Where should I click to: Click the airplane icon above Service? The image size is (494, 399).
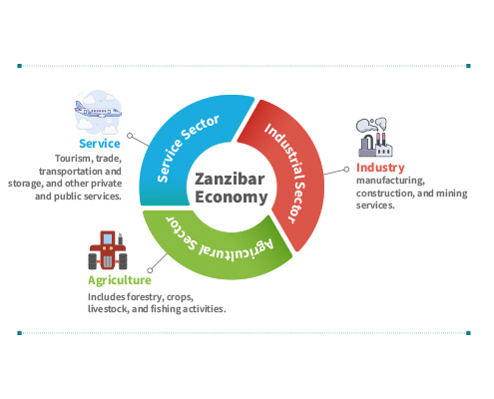[98, 112]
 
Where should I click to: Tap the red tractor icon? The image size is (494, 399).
[108, 250]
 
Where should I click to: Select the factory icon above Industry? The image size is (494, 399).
[375, 137]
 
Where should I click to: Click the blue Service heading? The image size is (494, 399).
[100, 144]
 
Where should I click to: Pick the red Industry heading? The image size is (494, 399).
[380, 168]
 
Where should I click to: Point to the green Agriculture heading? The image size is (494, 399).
[120, 280]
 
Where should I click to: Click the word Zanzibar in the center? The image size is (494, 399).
[230, 179]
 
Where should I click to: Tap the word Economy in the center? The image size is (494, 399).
[232, 197]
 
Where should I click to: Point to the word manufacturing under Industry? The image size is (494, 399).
[390, 181]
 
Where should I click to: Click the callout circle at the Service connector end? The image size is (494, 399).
[130, 136]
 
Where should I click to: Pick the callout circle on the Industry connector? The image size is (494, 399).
[346, 170]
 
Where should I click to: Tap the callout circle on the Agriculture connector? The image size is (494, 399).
[150, 270]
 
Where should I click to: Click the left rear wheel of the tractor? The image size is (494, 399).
[93, 261]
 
